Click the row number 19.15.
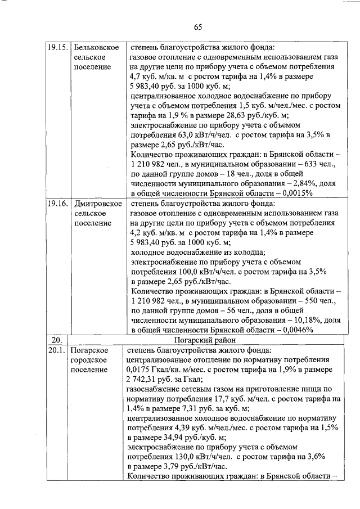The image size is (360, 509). (56, 47)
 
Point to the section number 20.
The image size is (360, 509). (56, 340)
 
